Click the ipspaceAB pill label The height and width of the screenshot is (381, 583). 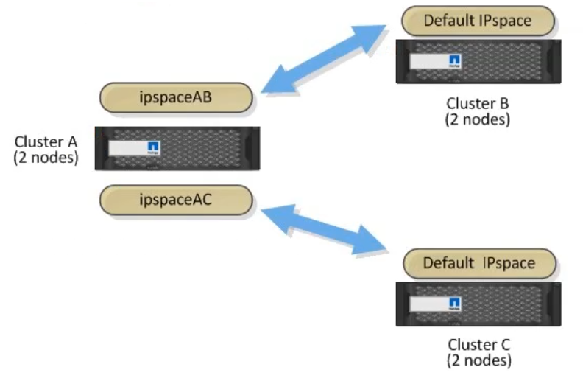[176, 98]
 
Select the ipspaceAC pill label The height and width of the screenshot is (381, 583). [176, 200]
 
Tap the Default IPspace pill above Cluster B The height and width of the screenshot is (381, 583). [477, 21]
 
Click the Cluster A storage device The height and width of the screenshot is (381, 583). [177, 148]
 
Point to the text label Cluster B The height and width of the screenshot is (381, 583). [477, 103]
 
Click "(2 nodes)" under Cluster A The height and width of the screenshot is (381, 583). [46, 157]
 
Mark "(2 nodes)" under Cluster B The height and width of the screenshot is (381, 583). [477, 119]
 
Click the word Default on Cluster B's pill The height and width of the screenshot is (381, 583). [448, 21]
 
